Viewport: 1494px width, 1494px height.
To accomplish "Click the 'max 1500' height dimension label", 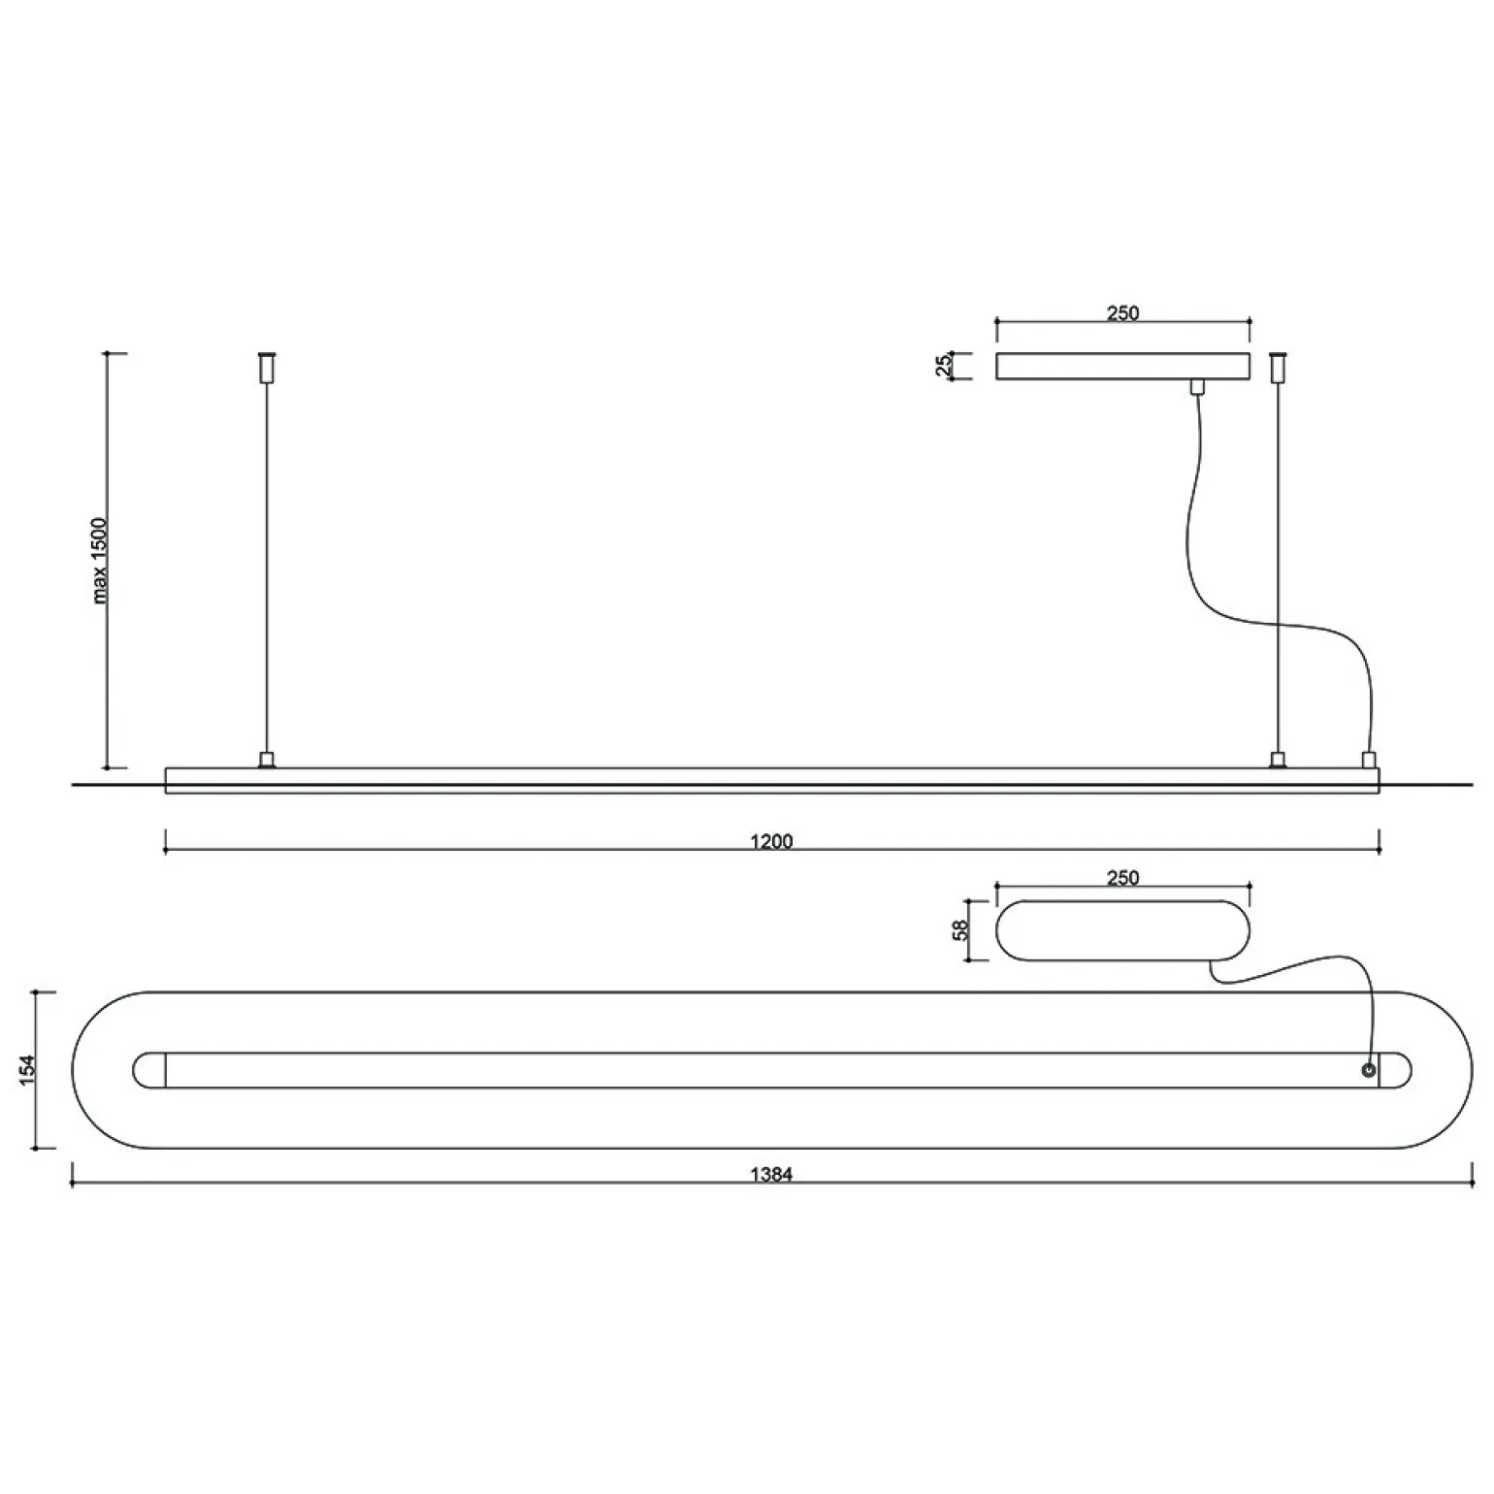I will tap(100, 561).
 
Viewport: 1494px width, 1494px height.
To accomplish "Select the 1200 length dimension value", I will tap(771, 841).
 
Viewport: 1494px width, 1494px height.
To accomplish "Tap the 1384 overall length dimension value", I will tap(771, 1175).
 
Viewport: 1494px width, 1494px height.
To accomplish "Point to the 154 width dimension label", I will tap(28, 1069).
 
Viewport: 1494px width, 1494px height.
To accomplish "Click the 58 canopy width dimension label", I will tap(960, 929).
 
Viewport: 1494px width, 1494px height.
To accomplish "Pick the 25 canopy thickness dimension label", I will tap(944, 366).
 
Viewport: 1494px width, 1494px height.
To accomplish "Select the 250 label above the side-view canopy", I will tap(1122, 313).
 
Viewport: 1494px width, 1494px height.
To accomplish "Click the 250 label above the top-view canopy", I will tap(1122, 878).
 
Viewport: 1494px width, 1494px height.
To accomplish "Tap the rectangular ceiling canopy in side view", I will tap(1122, 366).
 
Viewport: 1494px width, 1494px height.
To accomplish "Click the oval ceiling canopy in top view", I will tap(1122, 930).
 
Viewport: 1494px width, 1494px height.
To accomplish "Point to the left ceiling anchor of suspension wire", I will tap(267, 366).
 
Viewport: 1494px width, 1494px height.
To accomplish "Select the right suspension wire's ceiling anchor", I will tap(1279, 366).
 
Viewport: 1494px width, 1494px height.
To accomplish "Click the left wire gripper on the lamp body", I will tap(266, 760).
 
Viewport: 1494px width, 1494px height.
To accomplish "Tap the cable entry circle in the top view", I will tap(1368, 1070).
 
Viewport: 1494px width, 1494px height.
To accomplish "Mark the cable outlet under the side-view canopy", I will tap(1197, 387).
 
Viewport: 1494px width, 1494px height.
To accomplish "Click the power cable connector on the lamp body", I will tap(1369, 759).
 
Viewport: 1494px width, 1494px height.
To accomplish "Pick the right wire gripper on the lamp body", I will tap(1279, 760).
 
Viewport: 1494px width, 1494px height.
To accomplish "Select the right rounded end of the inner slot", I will tap(1396, 1070).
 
